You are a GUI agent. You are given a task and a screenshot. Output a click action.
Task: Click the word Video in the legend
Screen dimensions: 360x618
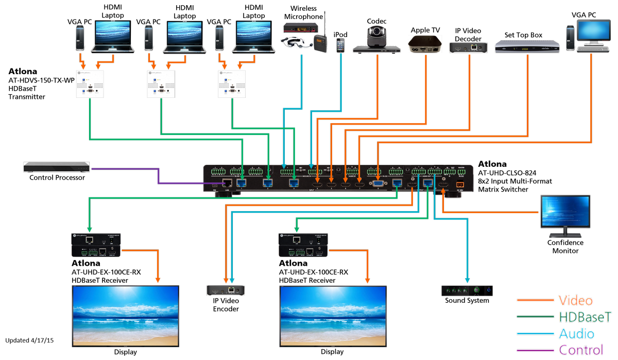pyautogui.click(x=575, y=300)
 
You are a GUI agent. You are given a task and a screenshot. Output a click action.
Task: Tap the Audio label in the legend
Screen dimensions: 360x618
pyautogui.click(x=576, y=334)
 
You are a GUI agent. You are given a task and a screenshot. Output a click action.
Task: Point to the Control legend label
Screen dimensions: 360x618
pyautogui.click(x=580, y=350)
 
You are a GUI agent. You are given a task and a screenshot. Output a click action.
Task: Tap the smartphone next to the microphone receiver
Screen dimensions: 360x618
pyautogui.click(x=340, y=45)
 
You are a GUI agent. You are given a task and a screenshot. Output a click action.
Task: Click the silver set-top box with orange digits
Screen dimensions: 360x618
pyautogui.click(x=526, y=47)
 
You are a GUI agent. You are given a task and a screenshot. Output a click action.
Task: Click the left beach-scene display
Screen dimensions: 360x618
pyautogui.click(x=125, y=315)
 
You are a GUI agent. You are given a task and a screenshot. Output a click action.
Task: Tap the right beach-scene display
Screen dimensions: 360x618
pyautogui.click(x=333, y=315)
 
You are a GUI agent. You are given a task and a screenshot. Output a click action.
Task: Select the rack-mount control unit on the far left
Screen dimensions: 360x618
pyautogui.click(x=56, y=167)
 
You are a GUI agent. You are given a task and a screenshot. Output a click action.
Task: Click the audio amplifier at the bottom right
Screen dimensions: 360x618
pyautogui.click(x=466, y=291)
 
